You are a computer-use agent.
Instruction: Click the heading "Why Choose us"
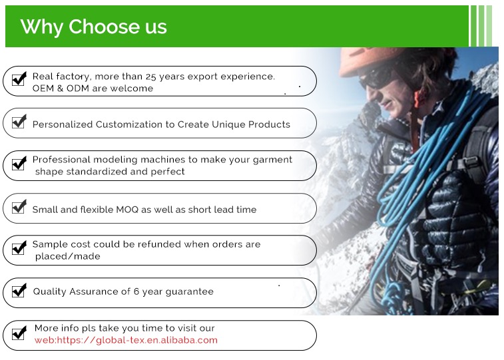(93, 27)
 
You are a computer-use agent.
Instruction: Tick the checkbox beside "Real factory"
(19, 79)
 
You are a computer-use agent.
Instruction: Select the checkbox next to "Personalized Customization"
(19, 122)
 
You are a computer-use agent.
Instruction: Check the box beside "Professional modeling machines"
(19, 164)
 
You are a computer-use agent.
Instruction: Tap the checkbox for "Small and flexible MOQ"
(19, 206)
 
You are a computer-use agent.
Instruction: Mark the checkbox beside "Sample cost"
(19, 248)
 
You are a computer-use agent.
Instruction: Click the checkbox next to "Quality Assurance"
(19, 291)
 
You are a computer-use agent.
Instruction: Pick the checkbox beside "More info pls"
(19, 333)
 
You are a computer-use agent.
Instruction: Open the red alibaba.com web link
(126, 340)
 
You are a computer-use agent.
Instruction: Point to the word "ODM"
(77, 89)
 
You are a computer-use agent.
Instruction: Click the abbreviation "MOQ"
(127, 210)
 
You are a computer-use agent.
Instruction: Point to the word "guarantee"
(189, 292)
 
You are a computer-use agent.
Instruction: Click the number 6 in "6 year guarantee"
(136, 291)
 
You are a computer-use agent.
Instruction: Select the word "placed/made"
(67, 257)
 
